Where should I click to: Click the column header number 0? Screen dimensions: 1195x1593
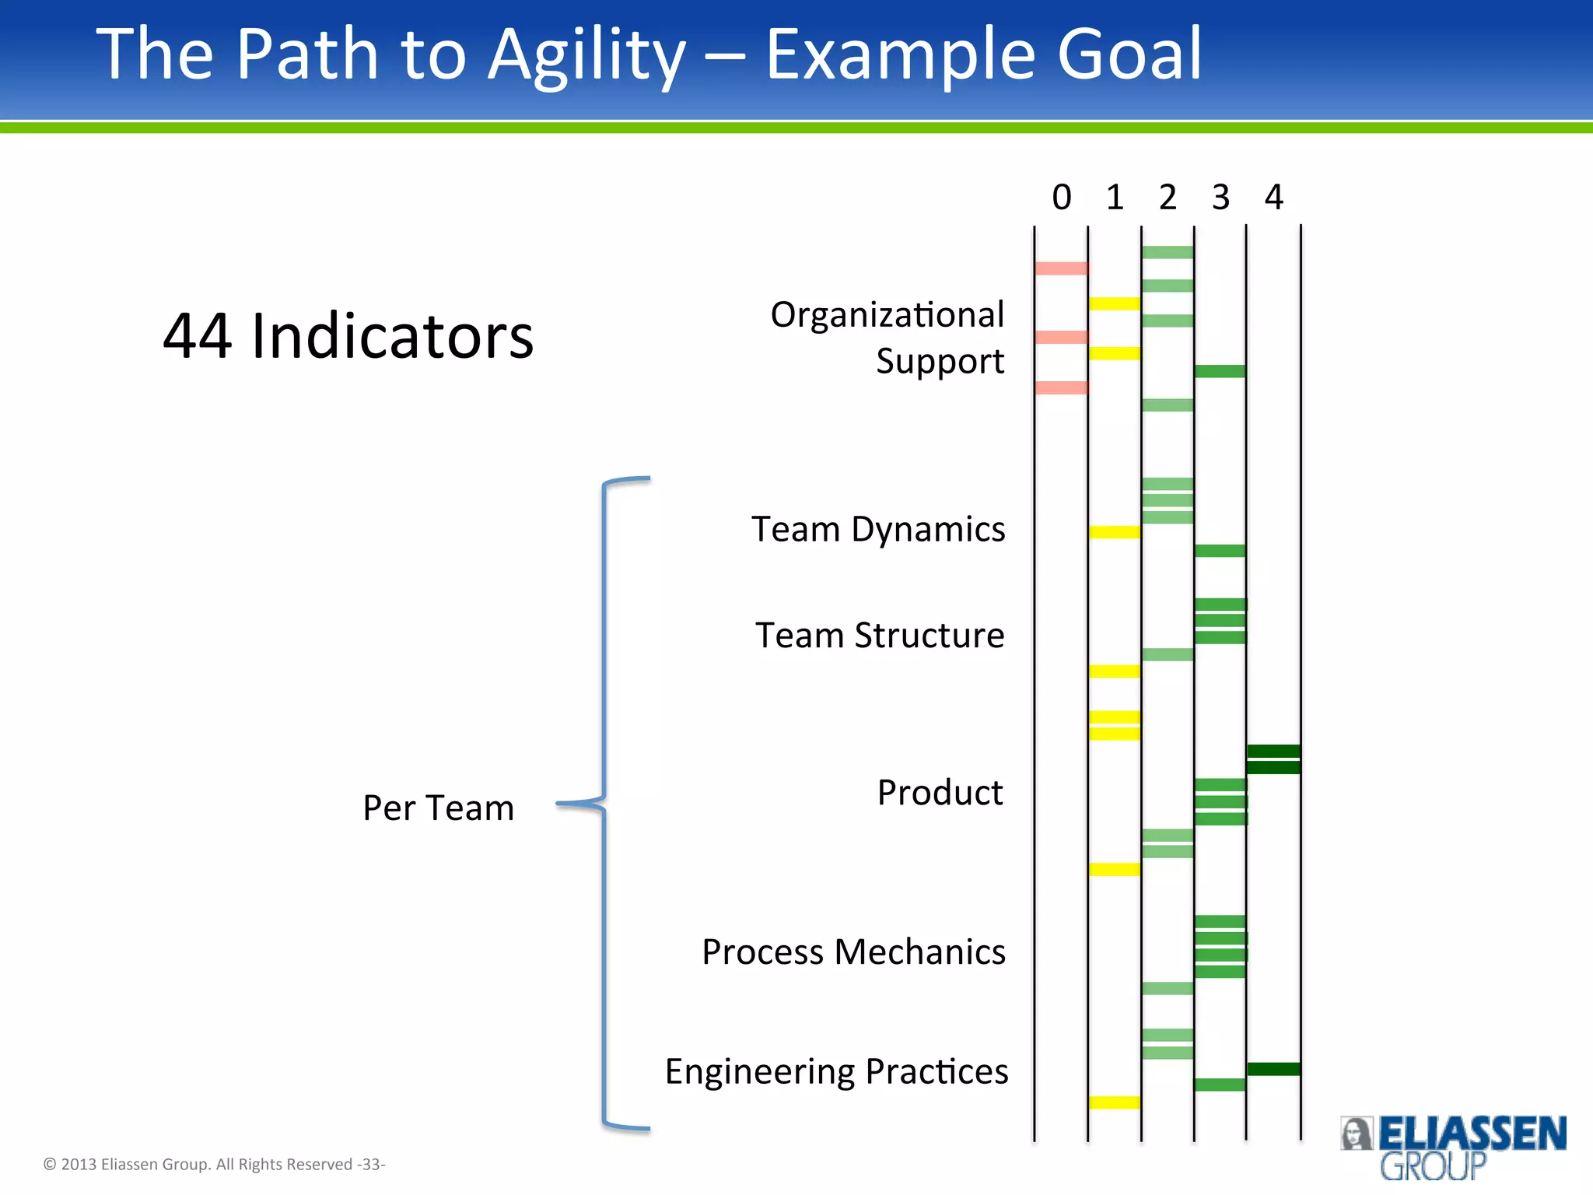pyautogui.click(x=1061, y=198)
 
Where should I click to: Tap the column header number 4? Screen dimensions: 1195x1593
pyautogui.click(x=1273, y=198)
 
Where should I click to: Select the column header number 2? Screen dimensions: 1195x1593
pyautogui.click(x=1167, y=198)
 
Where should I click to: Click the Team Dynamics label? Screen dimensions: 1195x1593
pyautogui.click(x=878, y=530)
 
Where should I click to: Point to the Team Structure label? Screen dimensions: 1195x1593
pyautogui.click(x=880, y=636)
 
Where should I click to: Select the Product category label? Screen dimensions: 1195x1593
pyautogui.click(x=940, y=793)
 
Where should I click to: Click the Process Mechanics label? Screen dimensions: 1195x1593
pyautogui.click(x=853, y=952)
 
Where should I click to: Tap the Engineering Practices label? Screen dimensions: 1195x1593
pyautogui.click(x=836, y=1072)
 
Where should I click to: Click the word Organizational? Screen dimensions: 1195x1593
pyautogui.click(x=887, y=315)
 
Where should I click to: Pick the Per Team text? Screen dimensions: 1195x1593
pyautogui.click(x=438, y=808)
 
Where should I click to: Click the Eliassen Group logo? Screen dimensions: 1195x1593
pyautogui.click(x=1452, y=1146)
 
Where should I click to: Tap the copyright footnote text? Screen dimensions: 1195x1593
pyautogui.click(x=214, y=1165)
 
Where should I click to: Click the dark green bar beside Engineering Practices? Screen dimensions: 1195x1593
pyautogui.click(x=1273, y=1069)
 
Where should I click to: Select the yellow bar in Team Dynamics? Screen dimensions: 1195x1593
pyautogui.click(x=1114, y=532)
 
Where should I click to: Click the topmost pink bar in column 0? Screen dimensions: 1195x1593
pyautogui.click(x=1061, y=268)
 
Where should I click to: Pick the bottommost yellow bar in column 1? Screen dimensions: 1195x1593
pyautogui.click(x=1114, y=1102)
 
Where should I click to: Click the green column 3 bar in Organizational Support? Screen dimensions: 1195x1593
pyautogui.click(x=1220, y=371)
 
